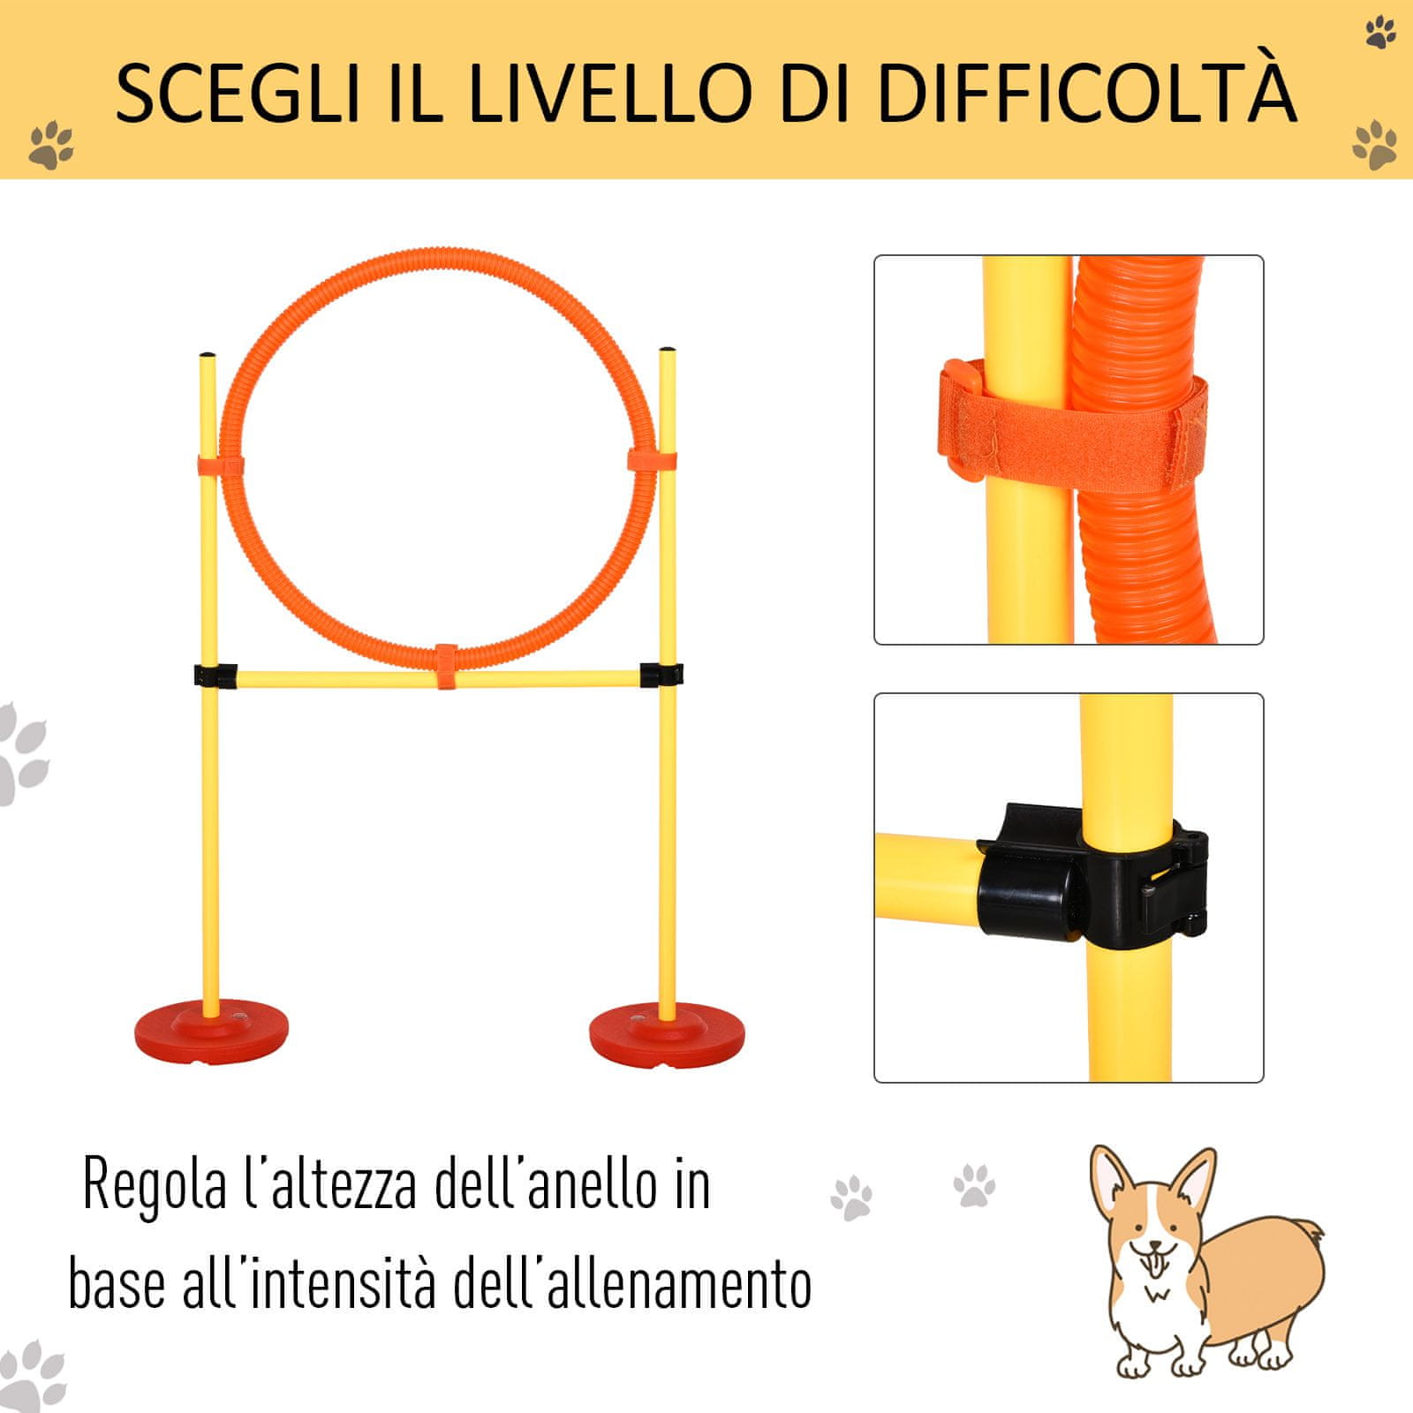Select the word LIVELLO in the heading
coord(610,92)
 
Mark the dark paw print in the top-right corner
coord(1380,34)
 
